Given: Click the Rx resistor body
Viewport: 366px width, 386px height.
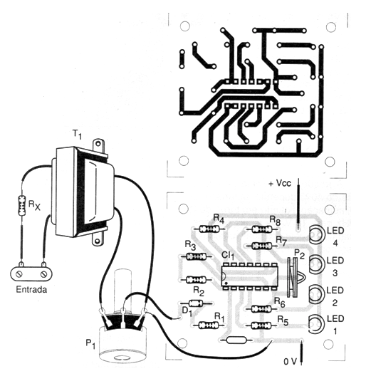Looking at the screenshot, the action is coord(22,205).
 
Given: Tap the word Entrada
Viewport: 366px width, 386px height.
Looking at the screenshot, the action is coord(31,289).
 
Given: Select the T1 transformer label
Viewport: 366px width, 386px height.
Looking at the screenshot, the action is coord(77,135).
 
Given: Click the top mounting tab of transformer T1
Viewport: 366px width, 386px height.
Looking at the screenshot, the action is coord(98,145).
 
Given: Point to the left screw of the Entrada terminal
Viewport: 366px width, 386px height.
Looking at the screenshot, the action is coord(19,273).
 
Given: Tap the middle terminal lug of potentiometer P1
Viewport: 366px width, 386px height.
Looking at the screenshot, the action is coord(122,318).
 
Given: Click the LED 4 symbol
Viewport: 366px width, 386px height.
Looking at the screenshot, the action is coord(315,234).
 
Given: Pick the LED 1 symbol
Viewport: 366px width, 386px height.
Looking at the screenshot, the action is coord(315,324).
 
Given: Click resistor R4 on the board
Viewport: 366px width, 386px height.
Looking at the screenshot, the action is coord(209,229).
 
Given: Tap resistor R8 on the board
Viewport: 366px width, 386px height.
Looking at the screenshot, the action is coord(262,229).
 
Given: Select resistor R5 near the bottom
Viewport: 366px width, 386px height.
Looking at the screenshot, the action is coord(261,325).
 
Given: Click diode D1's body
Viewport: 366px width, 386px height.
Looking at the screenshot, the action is coord(196,303).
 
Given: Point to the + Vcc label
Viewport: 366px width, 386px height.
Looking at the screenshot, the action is coord(280,184).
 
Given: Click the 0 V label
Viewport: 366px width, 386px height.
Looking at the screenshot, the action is coord(291,362).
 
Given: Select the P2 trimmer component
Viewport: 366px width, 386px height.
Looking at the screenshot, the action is coord(293,278).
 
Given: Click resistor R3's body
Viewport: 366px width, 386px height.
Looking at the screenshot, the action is coord(196,256).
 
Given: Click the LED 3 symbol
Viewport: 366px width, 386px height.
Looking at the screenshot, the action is coord(315,264).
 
